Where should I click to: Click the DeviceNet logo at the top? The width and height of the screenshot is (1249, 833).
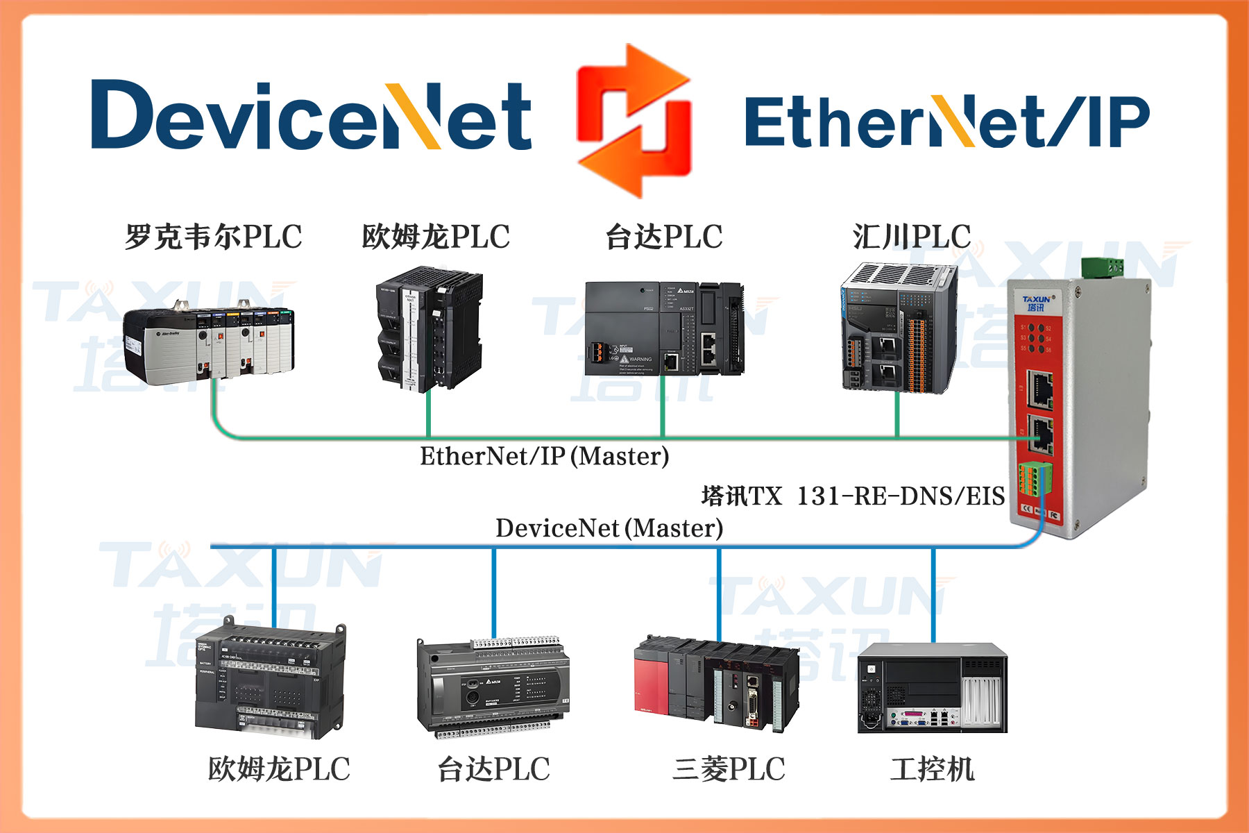tap(311, 115)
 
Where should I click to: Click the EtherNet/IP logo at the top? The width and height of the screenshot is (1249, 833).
tap(946, 121)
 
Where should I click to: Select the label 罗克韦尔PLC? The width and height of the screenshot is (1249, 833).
tap(214, 237)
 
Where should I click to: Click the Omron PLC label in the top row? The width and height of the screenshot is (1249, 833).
tap(436, 237)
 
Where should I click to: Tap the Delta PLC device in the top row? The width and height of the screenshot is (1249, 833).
tap(664, 328)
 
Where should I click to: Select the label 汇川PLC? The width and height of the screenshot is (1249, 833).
tap(912, 237)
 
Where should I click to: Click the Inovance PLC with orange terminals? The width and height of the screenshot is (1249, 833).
tap(899, 328)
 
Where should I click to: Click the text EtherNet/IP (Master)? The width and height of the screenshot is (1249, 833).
tap(545, 456)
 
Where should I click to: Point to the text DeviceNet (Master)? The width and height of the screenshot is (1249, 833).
tap(609, 528)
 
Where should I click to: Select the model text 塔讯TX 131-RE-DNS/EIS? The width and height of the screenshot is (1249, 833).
tap(853, 496)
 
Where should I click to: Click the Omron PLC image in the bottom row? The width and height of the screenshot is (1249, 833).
tap(271, 681)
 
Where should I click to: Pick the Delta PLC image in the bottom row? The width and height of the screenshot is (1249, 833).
tap(493, 687)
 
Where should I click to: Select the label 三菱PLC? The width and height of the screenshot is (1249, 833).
tap(729, 769)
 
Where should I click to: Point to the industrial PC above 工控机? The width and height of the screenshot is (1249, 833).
tap(932, 687)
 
